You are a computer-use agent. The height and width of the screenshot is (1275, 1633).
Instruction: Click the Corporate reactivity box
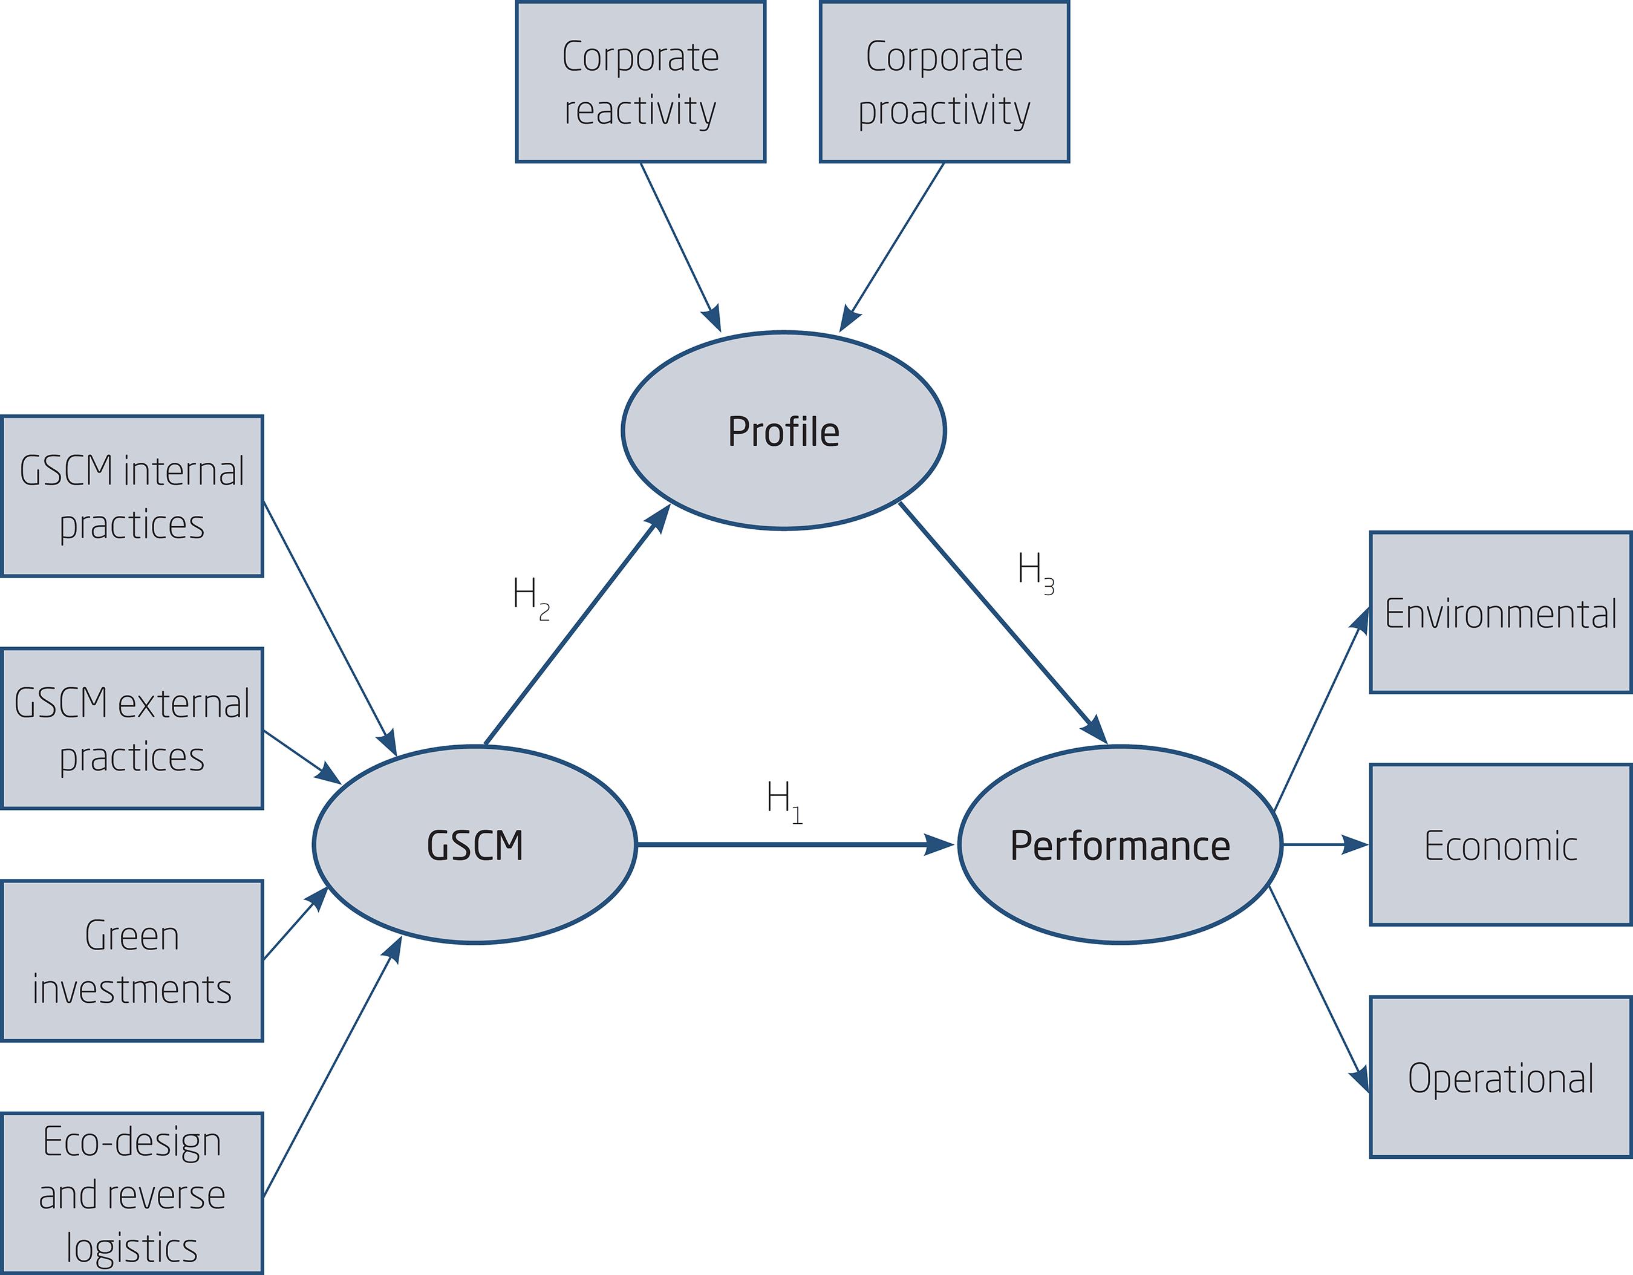pos(640,82)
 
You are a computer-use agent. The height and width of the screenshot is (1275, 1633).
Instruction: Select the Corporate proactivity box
pos(944,82)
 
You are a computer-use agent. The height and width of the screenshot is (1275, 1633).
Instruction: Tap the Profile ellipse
pos(784,431)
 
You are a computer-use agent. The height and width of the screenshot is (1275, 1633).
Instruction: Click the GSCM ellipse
pos(475,845)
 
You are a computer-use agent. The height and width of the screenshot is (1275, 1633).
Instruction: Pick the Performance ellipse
pos(1120,845)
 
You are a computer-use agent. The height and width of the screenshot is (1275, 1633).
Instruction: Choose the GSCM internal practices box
pos(132,497)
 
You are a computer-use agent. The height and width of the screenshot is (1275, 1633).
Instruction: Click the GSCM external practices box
pos(132,729)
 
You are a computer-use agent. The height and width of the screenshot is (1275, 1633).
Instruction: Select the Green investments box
pos(132,961)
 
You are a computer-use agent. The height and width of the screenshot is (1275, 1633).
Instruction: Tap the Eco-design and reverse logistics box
pos(132,1193)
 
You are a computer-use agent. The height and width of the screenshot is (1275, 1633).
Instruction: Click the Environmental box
pos(1500,613)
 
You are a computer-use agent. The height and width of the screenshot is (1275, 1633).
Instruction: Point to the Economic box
pos(1500,845)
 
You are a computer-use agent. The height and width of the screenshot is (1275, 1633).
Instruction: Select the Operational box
pos(1500,1078)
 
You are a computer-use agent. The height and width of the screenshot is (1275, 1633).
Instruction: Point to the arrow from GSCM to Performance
pos(792,845)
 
